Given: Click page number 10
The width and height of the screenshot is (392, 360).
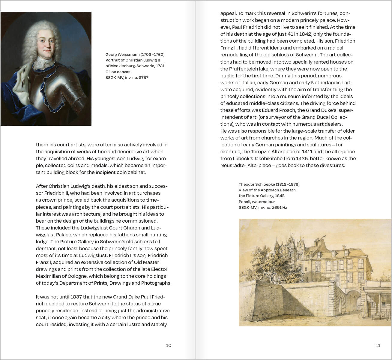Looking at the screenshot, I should tap(169, 345).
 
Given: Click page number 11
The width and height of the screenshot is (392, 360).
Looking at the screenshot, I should tap(378, 345).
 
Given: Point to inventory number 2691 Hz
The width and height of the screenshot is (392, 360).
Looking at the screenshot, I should tap(279, 207).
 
